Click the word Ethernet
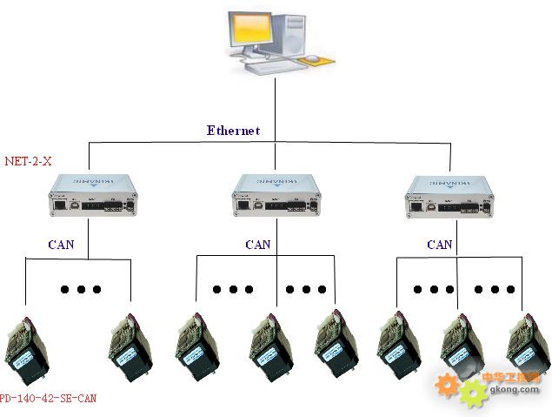point(233,131)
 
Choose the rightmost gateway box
point(449,198)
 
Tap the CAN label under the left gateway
point(61,245)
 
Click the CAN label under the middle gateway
point(257,245)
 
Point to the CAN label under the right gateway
point(440,245)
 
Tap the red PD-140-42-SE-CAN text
point(49,399)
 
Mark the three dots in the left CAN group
point(81,289)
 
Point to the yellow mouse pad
point(316,60)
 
